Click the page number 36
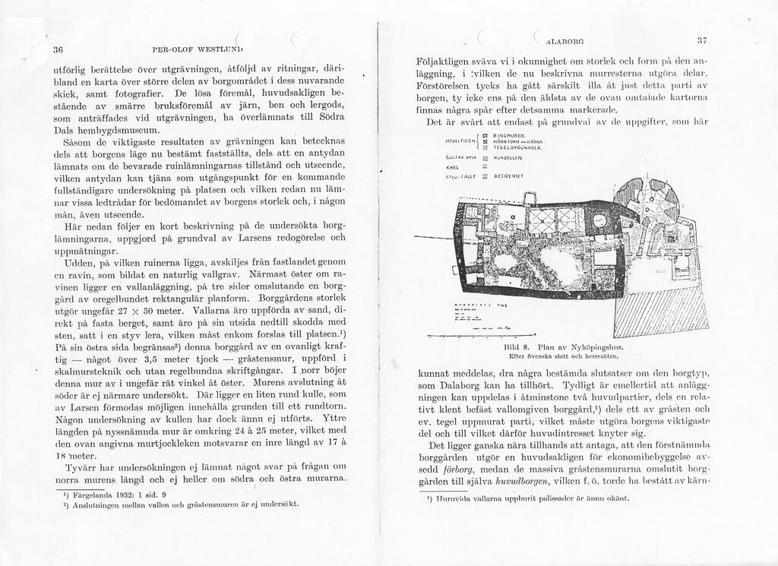(x=56, y=50)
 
